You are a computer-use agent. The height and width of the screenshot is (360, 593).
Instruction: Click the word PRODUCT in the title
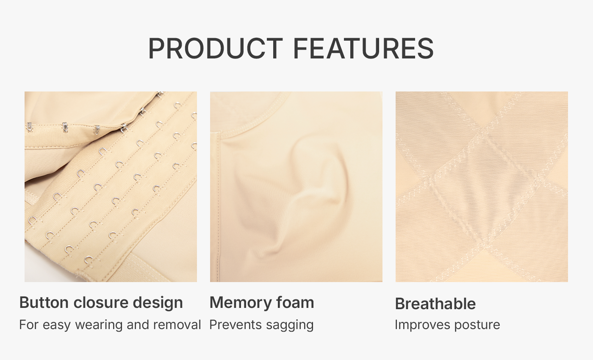tap(216, 48)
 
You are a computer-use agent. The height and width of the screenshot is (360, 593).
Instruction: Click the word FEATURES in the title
tap(363, 48)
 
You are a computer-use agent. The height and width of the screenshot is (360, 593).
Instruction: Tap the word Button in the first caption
tap(44, 302)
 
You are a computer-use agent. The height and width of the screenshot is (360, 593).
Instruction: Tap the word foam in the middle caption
tap(295, 302)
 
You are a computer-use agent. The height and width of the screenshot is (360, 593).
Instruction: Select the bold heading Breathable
tap(435, 304)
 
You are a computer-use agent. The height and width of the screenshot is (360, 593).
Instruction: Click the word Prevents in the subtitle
tap(236, 325)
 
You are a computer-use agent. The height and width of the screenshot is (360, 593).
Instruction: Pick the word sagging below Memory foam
tap(290, 326)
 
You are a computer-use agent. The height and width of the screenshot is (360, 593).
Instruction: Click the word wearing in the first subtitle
tap(99, 326)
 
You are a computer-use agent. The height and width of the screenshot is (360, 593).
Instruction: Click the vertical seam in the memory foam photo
tap(219, 207)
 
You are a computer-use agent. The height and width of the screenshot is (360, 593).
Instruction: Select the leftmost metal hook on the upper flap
tap(29, 127)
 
